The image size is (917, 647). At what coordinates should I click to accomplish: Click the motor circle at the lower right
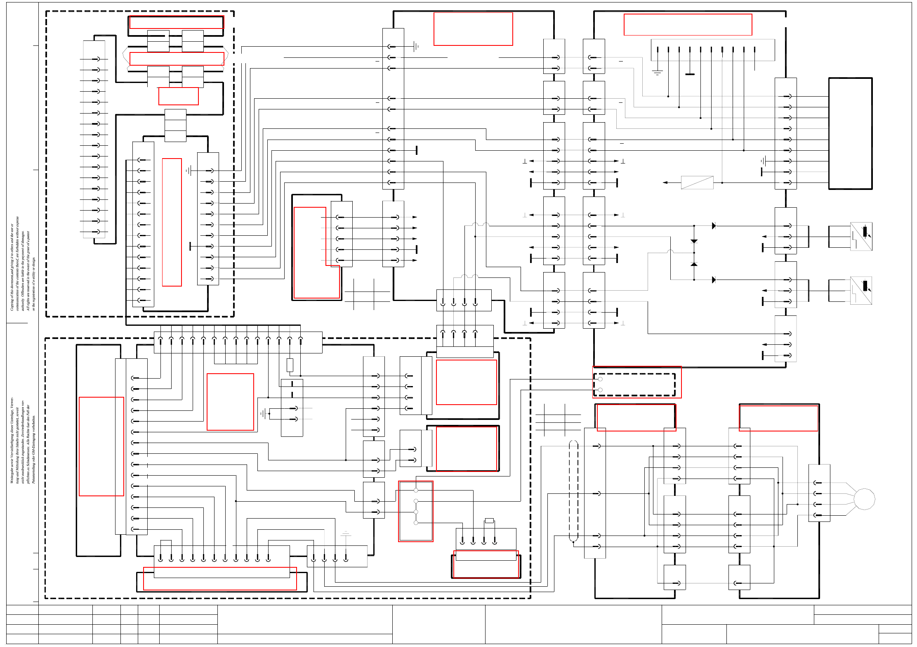[x=864, y=499]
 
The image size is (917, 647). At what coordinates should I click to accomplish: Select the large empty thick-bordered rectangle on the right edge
[x=850, y=133]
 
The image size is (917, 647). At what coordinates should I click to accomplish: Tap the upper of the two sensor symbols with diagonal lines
[x=861, y=236]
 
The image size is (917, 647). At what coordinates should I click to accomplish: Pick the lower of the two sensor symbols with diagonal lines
[x=861, y=290]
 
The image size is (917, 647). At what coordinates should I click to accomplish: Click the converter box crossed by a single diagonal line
[x=697, y=182]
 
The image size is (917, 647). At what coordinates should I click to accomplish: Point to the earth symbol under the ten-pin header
[x=657, y=73]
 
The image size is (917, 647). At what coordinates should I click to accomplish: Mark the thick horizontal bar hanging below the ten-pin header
[x=690, y=74]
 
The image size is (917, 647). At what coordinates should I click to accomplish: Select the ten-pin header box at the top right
[x=712, y=50]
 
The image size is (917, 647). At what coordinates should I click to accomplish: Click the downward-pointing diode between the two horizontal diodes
[x=694, y=241]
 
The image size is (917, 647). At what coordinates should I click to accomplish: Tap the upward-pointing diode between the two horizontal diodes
[x=694, y=264]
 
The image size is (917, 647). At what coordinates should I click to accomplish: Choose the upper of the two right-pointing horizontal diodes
[x=714, y=226]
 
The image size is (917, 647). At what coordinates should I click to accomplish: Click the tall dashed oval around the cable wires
[x=573, y=491]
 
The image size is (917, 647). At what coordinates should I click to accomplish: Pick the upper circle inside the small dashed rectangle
[x=600, y=379]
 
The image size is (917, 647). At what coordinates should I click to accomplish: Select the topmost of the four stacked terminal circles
[x=416, y=490]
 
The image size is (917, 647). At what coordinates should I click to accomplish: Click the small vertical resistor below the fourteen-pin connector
[x=290, y=365]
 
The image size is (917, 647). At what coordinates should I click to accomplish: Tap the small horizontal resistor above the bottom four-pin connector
[x=489, y=521]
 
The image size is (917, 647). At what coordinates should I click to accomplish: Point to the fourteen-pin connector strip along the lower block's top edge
[x=238, y=342]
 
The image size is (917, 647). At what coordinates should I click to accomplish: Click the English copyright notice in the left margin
[x=23, y=264]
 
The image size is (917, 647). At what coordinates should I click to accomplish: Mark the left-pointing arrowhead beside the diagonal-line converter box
[x=665, y=182]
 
